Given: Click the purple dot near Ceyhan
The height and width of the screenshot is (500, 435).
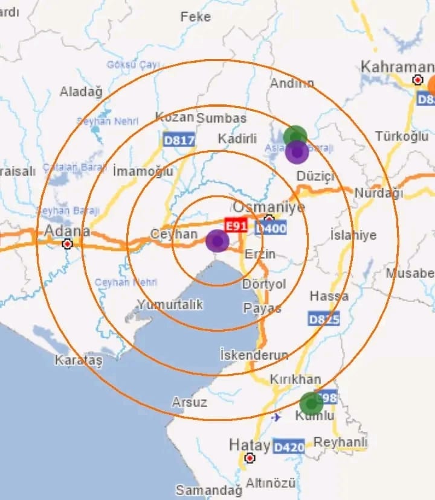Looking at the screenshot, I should pos(217,241).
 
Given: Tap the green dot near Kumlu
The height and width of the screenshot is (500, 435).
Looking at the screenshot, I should pos(311,403).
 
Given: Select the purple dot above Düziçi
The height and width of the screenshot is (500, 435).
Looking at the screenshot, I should pos(297,152).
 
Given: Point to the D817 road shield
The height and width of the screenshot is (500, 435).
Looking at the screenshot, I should pos(179,141).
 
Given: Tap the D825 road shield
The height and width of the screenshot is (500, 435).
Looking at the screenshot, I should pos(324,318).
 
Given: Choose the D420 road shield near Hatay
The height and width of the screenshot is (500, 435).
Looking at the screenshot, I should pos(288,447).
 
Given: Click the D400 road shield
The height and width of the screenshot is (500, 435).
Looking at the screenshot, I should pos(271,228).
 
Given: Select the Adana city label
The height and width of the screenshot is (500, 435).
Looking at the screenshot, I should pos(67,231).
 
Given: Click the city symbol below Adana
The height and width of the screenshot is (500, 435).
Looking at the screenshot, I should pos(68,244).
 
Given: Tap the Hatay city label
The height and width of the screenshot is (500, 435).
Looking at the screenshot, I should pos(249,445).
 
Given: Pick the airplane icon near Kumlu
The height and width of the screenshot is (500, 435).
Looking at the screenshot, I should pos(277,417).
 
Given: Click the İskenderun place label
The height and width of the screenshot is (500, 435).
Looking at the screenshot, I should pos(254,354).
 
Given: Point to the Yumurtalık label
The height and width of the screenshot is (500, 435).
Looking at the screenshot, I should pos(170,304).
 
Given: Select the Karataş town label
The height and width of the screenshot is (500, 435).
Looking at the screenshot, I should pos(79,360).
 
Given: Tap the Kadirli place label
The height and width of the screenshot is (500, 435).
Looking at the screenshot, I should pos(237,139).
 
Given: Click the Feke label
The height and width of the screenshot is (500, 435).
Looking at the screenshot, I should pos(195,17).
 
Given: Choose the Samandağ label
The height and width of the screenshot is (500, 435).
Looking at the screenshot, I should pos(205,489).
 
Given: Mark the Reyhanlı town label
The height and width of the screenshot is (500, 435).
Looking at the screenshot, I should pos(340,442).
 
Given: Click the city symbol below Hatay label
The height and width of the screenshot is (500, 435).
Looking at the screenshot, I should pos(250,458).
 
